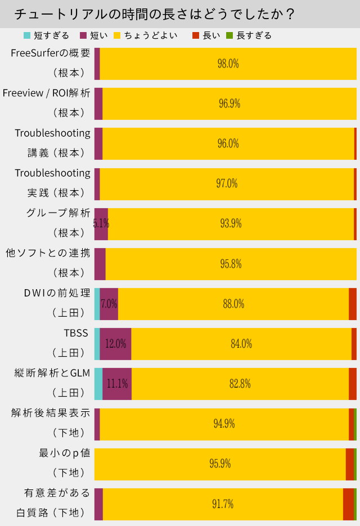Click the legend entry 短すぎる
coord(47,35)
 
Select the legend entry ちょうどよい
coord(146,35)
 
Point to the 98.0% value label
coord(228,64)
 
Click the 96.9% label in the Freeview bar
coord(229,104)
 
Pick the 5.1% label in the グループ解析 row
coord(101,224)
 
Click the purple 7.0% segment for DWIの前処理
coord(109,304)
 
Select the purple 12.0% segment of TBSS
coord(115,344)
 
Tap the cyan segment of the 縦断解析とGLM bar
coord(98,384)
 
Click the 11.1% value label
coord(117,384)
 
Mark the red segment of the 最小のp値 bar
coord(350,464)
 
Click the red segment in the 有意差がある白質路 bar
coord(348,504)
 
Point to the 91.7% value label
coord(223,504)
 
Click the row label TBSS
coord(76,333)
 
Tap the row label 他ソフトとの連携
coord(48,253)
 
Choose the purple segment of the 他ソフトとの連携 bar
coord(100,264)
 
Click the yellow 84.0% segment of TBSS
coord(241,344)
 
